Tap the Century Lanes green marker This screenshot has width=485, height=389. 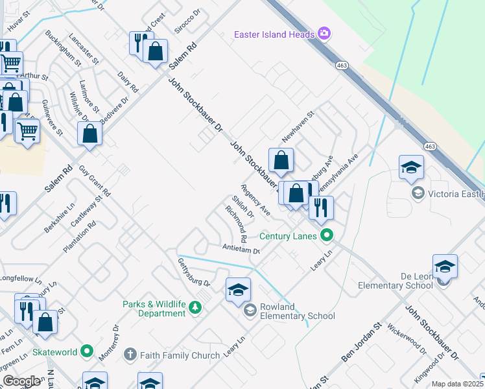[x=327, y=236]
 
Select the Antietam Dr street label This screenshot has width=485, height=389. [x=241, y=249]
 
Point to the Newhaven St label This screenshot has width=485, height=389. [x=298, y=127]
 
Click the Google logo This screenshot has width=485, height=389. [x=21, y=381]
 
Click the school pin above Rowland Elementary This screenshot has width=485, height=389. [x=238, y=290]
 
